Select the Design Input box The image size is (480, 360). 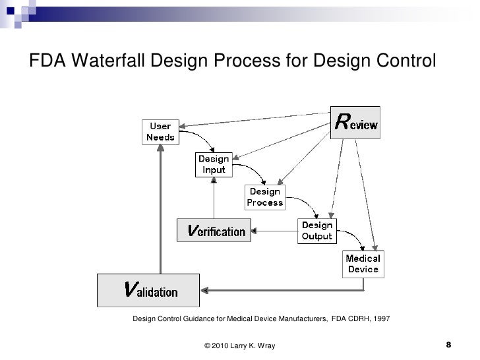coord(214,165)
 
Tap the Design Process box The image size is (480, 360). coord(265,197)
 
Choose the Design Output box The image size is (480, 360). coord(316,231)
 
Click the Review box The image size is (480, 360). coord(355,123)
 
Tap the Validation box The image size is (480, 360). coord(149,290)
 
